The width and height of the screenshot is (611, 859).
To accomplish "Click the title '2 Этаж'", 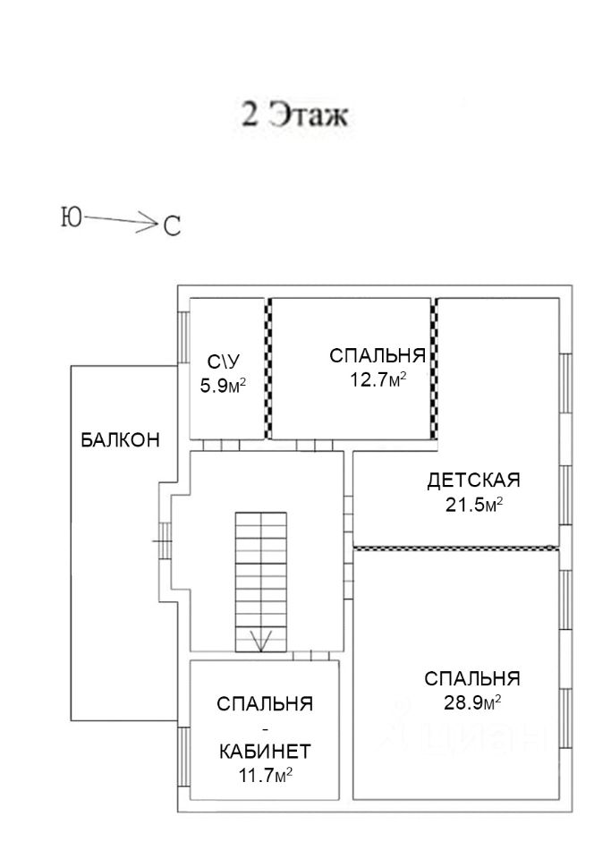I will pyautogui.click(x=292, y=116).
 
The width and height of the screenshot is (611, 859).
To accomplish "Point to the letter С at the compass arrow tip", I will pyautogui.click(x=171, y=226).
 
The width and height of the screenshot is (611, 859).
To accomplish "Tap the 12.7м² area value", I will pyautogui.click(x=377, y=378).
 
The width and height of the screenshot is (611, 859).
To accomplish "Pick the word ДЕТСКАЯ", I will pyautogui.click(x=473, y=481).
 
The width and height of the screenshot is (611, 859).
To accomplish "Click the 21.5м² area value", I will pyautogui.click(x=474, y=505).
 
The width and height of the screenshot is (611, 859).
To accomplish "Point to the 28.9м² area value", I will pyautogui.click(x=471, y=702).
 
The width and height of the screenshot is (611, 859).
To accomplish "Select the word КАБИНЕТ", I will pyautogui.click(x=265, y=750).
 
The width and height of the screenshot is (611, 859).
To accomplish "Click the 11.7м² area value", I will pyautogui.click(x=266, y=774).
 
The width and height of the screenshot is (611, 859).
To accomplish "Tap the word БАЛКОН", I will pyautogui.click(x=120, y=440).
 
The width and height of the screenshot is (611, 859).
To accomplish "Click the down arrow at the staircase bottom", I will pyautogui.click(x=260, y=640).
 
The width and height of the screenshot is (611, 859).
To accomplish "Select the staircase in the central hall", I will pyautogui.click(x=260, y=573).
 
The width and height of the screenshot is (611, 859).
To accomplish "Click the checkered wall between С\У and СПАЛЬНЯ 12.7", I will pyautogui.click(x=267, y=369).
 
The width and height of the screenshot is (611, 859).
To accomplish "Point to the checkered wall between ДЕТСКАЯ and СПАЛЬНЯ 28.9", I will pyautogui.click(x=456, y=547).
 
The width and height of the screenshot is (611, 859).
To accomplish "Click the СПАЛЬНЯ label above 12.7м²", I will pyautogui.click(x=377, y=356).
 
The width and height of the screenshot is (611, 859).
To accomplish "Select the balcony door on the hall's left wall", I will pyautogui.click(x=164, y=540).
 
